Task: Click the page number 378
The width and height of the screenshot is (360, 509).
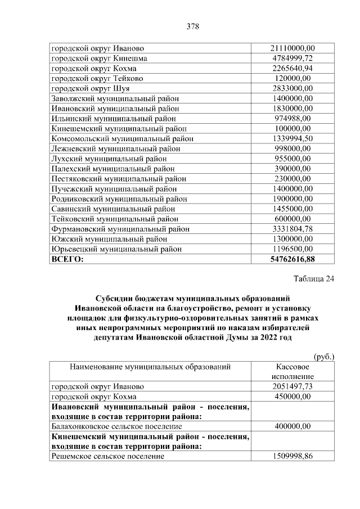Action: [193, 26]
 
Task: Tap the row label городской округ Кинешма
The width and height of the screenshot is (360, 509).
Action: [100, 58]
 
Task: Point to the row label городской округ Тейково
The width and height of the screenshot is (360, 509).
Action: [98, 79]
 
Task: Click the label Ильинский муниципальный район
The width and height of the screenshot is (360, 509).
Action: [114, 119]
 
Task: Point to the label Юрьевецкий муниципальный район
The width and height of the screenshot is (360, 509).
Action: [117, 250]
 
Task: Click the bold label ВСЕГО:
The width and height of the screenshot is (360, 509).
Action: [67, 260]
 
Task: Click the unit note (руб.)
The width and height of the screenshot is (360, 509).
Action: [324, 357]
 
